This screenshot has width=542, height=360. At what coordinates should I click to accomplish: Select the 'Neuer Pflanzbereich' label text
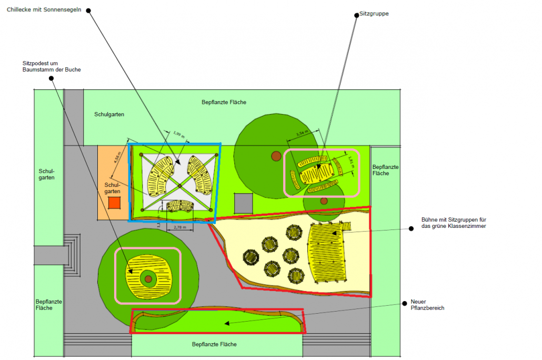tap(427, 305)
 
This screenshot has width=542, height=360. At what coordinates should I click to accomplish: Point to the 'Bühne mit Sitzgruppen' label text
tap(453, 222)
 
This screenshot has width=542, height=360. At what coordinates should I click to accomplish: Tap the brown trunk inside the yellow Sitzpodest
tap(148, 278)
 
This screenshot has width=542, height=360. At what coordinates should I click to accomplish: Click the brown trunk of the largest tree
tap(276, 155)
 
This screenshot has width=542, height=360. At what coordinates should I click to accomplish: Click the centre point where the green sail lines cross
tap(179, 185)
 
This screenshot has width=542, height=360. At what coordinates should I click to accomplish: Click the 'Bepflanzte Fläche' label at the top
tap(224, 102)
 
